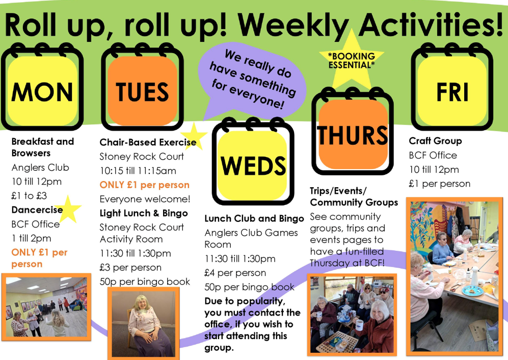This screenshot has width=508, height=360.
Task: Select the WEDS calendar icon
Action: (x=253, y=162)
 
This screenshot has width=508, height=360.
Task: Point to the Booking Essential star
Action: (x=352, y=60)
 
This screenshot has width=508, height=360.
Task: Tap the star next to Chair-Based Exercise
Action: (x=194, y=136)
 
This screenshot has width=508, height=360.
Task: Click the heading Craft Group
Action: (x=435, y=141)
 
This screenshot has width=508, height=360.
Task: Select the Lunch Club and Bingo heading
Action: (x=254, y=219)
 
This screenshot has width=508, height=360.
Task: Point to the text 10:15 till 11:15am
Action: (x=138, y=171)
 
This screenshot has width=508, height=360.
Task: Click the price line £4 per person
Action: (x=235, y=273)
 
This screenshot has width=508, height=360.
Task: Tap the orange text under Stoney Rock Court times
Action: (x=145, y=185)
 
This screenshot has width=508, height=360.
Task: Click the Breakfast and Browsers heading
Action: (x=43, y=147)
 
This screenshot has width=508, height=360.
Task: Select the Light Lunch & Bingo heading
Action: (x=144, y=213)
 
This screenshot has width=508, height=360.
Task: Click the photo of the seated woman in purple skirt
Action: (x=144, y=324)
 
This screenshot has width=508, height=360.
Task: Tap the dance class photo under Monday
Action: (x=46, y=307)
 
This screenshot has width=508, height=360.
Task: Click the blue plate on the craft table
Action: (x=472, y=290)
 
